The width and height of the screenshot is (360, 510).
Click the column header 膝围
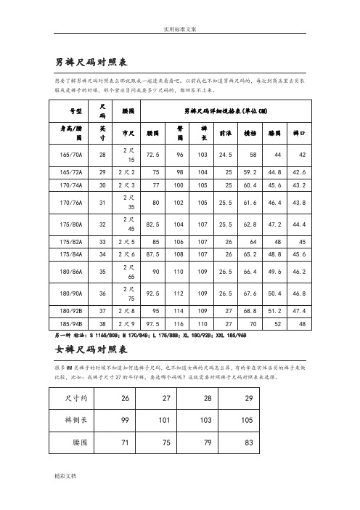(x=274, y=134)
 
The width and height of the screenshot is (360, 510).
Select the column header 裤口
(x=298, y=134)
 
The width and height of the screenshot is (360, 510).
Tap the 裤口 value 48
(x=299, y=323)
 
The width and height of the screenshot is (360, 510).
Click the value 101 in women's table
(x=187, y=420)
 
